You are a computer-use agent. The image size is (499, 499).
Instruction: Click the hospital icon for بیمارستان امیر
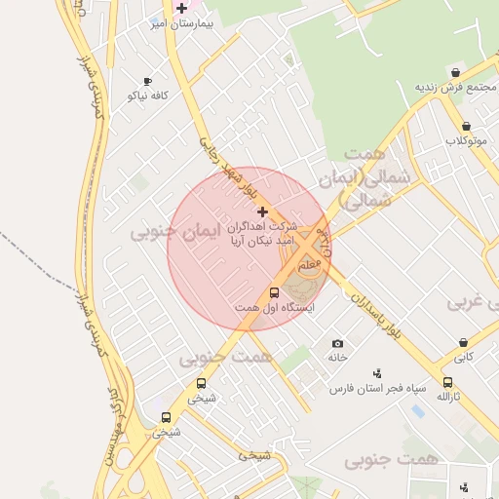(181, 8)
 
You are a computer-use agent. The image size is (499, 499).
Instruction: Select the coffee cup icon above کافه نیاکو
(147, 82)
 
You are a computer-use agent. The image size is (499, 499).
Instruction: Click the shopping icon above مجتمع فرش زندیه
(455, 73)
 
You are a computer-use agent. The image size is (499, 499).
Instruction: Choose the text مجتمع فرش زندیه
(451, 88)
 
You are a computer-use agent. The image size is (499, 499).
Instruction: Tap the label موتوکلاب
(467, 140)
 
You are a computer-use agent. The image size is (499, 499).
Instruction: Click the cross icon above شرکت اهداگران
(261, 211)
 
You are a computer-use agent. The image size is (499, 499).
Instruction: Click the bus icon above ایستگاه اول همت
(274, 292)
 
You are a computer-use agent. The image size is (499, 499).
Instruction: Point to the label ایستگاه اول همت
(274, 308)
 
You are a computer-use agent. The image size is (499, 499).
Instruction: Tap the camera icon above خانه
(337, 344)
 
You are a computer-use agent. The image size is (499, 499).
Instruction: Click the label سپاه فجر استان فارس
(378, 388)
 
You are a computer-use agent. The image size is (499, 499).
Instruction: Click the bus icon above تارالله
(447, 383)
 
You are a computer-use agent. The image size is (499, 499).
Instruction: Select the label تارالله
(447, 398)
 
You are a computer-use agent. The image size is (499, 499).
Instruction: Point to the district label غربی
(466, 302)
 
